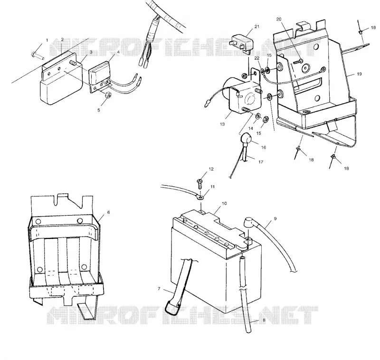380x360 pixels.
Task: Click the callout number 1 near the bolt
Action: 47,40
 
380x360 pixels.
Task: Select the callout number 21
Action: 257,27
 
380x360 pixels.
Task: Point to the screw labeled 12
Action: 200,184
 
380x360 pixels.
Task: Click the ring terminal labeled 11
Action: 199,198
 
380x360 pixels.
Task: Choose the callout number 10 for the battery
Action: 224,203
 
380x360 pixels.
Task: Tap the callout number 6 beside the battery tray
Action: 109,212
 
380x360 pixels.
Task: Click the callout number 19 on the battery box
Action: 360,74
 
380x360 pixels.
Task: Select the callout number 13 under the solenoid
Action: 222,124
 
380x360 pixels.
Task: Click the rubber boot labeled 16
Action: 245,139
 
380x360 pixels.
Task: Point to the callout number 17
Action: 261,161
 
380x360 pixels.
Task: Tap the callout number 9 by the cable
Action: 275,218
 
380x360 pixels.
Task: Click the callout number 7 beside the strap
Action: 159,289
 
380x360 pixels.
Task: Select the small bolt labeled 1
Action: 38,55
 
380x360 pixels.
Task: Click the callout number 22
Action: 257,58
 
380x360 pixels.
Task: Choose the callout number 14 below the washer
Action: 251,128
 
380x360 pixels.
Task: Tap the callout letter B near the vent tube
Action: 264,320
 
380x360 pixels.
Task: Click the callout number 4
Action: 118,52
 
